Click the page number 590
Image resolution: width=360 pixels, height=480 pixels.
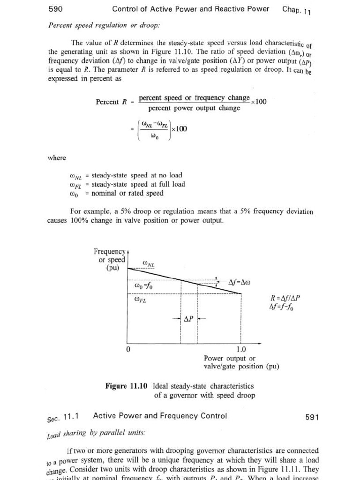(x=56, y=9)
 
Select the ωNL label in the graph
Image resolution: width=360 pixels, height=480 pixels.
(x=148, y=265)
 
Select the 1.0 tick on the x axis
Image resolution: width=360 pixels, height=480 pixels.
(x=241, y=349)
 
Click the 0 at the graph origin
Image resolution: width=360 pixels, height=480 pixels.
(x=127, y=350)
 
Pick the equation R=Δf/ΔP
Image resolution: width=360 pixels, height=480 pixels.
(x=285, y=298)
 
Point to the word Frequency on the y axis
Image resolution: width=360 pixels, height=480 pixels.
(x=110, y=252)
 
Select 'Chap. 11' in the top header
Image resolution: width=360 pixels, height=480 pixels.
(x=297, y=10)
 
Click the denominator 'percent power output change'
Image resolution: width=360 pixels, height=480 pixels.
(x=194, y=108)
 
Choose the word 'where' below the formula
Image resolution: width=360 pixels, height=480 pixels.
(x=57, y=158)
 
